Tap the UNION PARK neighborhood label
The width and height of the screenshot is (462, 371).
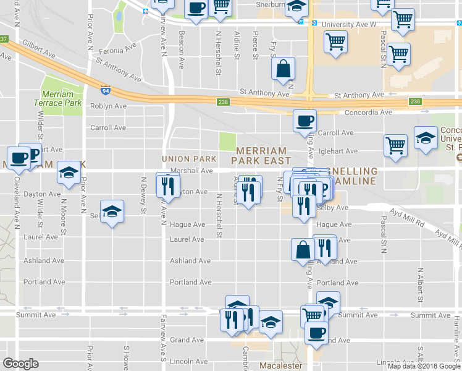point(189,159)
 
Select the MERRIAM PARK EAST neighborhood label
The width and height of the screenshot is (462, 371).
point(261,155)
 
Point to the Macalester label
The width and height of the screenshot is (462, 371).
point(280,365)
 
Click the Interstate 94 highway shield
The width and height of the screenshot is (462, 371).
point(106,90)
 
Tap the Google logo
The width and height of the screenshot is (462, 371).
point(20,364)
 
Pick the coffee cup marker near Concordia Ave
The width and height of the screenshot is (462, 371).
point(304,121)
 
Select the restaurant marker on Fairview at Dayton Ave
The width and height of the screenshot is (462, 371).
point(167,185)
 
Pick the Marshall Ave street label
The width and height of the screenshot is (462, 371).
point(191,171)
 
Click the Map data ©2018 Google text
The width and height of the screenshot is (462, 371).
point(424,366)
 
